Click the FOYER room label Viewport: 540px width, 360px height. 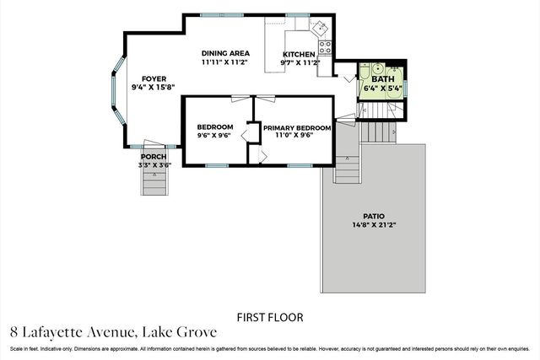coord(154,78)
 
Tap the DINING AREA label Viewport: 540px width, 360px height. coord(225,53)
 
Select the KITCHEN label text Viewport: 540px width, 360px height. coord(299,54)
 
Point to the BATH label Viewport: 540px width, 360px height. coord(383,78)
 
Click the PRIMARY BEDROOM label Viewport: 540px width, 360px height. coord(297,127)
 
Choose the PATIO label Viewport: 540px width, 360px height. coord(374,217)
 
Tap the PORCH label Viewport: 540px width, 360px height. coord(154,157)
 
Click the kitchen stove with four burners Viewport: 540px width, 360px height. coord(325,47)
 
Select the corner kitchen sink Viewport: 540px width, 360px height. coord(321,27)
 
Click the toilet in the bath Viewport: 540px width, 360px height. coord(364,71)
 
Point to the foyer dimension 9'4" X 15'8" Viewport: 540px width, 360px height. coord(154,88)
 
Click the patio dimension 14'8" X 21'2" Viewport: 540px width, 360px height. coord(374,225)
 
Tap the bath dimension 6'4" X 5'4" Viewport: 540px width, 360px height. coord(383,89)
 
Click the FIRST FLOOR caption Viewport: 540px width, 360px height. coord(270,317)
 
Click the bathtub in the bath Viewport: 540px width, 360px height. coord(395,82)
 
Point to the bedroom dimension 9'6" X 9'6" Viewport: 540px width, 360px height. coord(213,136)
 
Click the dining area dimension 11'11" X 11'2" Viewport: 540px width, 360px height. coord(224,62)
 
